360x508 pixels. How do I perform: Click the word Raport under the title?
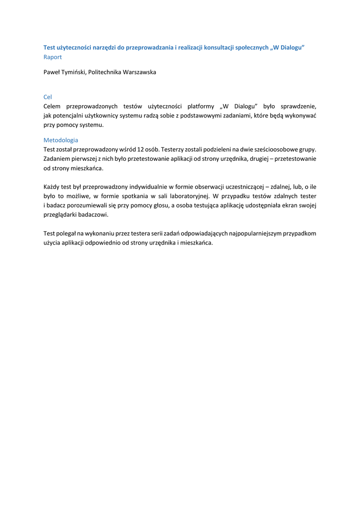[x=53, y=57]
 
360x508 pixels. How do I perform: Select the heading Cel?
[x=48, y=97]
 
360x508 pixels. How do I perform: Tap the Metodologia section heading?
[x=61, y=140]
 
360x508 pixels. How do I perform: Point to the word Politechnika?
[x=105, y=72]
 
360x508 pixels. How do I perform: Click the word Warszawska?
[x=140, y=72]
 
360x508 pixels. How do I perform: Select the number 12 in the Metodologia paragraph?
[x=141, y=149]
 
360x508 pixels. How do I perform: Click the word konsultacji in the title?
[x=220, y=48]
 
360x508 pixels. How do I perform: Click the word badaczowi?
[x=92, y=215]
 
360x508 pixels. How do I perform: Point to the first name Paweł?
[x=52, y=72]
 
